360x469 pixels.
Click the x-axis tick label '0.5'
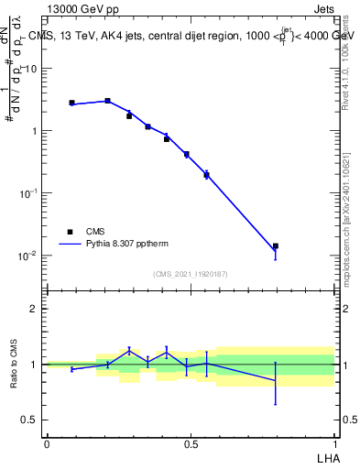click(191, 443)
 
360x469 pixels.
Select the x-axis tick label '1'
click(335, 443)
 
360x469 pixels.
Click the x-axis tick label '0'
click(47, 443)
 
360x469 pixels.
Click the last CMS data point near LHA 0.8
click(275, 246)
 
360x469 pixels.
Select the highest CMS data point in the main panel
click(107, 101)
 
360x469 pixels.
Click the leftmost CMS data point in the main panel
click(71, 103)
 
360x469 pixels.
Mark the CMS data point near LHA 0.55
click(206, 174)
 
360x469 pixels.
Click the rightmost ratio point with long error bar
click(275, 380)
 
